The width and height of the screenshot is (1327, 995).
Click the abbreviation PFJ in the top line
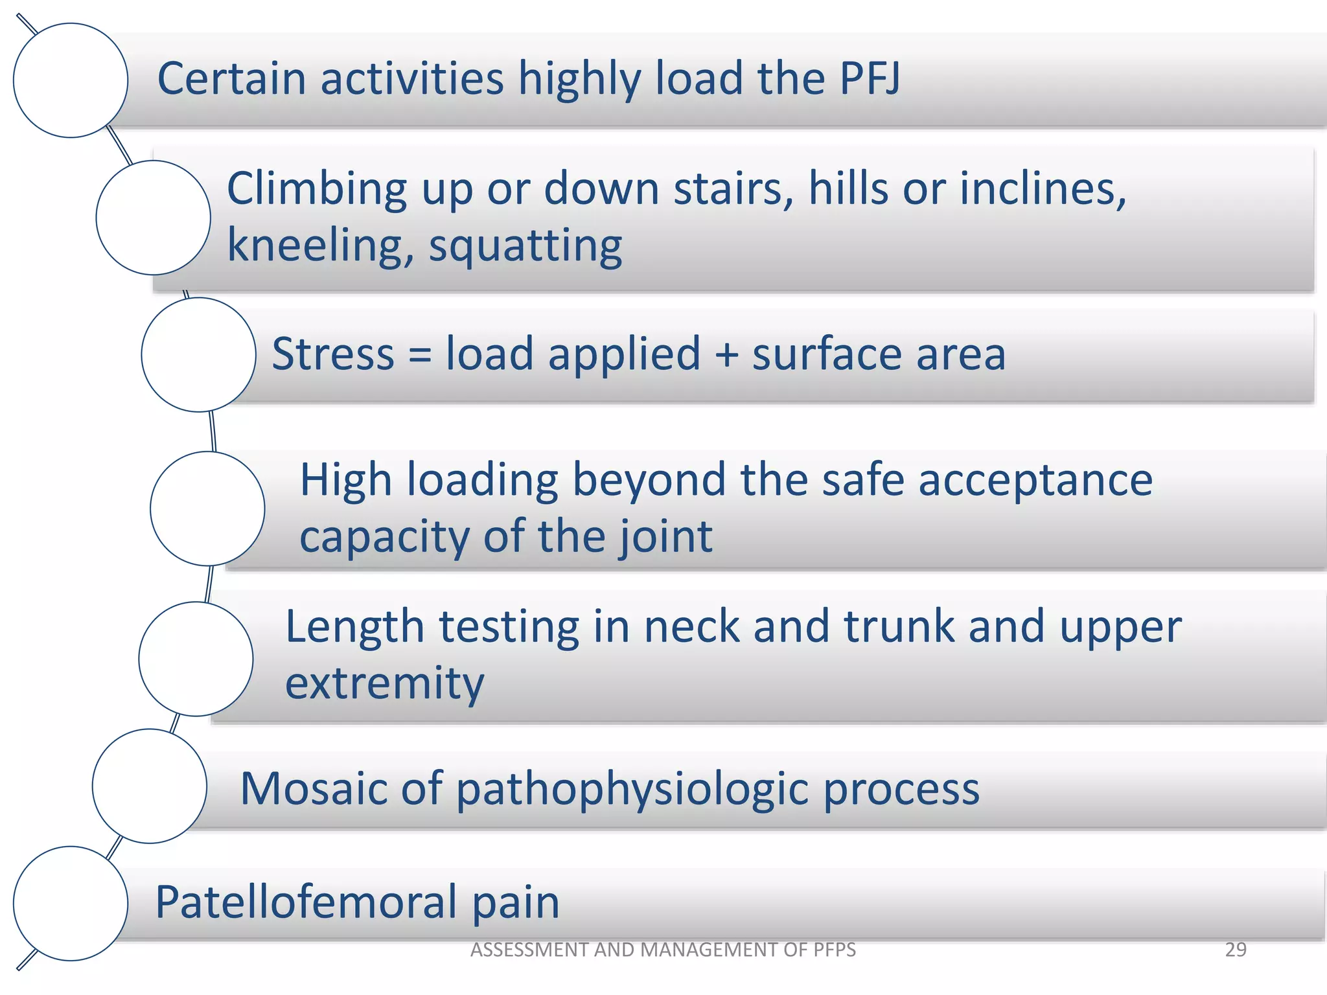869,78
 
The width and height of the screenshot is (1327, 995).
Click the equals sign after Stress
420,355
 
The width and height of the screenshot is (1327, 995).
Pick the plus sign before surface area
726,355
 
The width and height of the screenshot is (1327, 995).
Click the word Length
355,627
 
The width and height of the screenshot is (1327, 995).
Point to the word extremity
384,684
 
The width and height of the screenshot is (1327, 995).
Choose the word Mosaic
314,788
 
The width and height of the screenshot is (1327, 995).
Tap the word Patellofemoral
305,902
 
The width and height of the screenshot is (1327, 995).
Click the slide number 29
1236,950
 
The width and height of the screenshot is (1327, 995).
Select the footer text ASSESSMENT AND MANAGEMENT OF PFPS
663,950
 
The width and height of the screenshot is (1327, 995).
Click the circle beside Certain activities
71,80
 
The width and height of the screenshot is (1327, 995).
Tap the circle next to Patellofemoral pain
71,903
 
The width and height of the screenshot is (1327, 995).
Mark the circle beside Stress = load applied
198,355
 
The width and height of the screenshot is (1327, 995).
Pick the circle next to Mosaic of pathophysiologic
150,786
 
